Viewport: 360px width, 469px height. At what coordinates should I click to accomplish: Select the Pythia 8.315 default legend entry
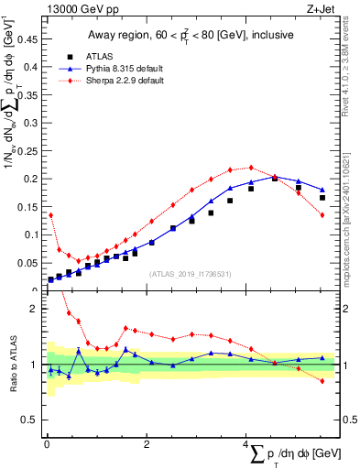coord(116,69)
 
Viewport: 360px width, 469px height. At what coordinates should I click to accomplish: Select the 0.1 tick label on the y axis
coord(32,234)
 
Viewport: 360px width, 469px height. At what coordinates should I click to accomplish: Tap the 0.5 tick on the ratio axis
coord(32,420)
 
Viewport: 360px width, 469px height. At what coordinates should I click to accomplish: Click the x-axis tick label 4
coord(245,444)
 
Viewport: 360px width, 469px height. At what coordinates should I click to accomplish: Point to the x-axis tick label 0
coord(47,444)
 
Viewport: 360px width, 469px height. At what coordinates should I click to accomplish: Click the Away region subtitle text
coord(191,36)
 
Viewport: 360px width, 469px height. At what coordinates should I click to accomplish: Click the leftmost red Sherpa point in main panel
coord(50,215)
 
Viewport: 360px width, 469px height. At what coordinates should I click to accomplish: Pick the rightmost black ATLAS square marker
coord(322,197)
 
